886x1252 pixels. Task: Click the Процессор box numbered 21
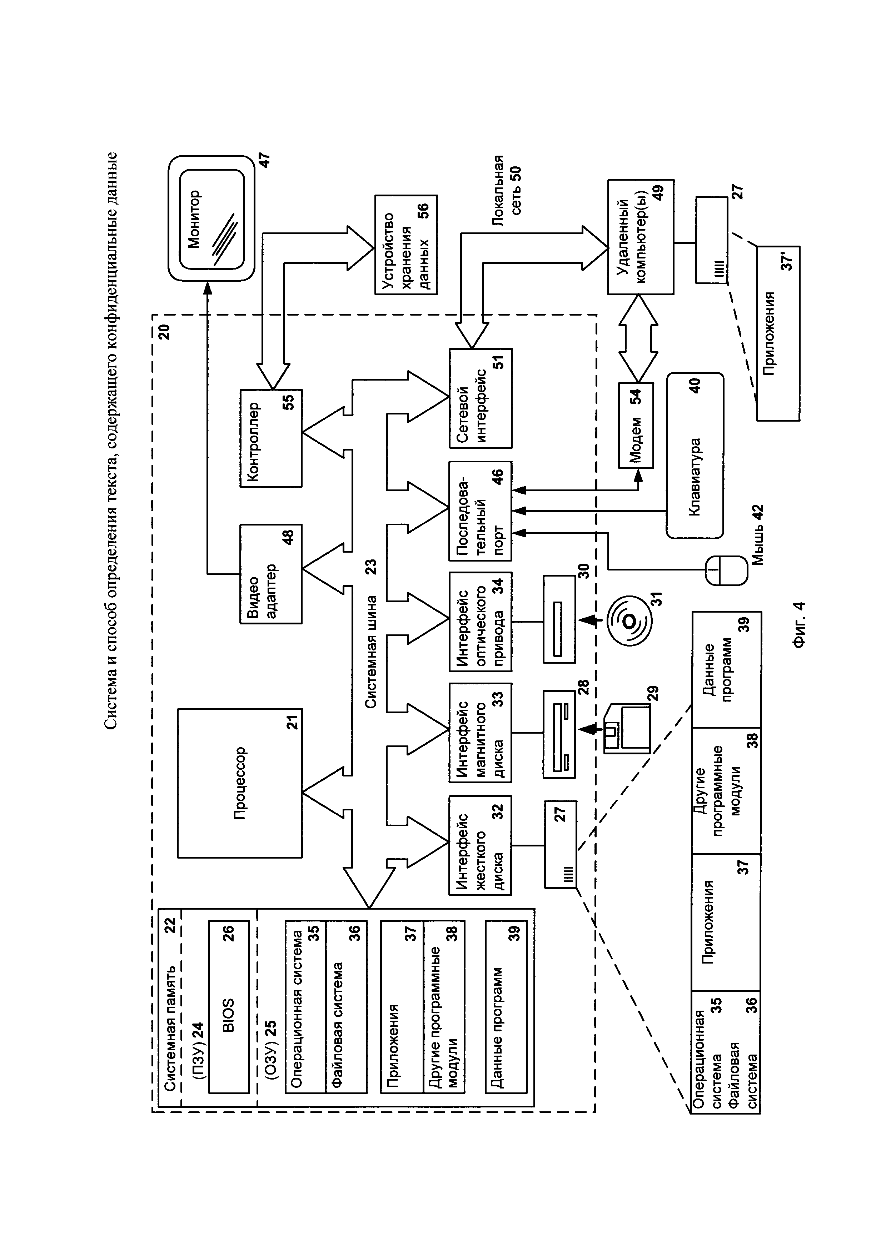pyautogui.click(x=239, y=783)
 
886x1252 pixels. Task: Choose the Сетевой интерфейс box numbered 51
pyautogui.click(x=480, y=398)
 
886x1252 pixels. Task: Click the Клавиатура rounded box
pyautogui.click(x=695, y=455)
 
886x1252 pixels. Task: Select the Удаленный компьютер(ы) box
pyautogui.click(x=641, y=237)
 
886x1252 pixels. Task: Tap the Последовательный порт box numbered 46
pyautogui.click(x=480, y=511)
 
